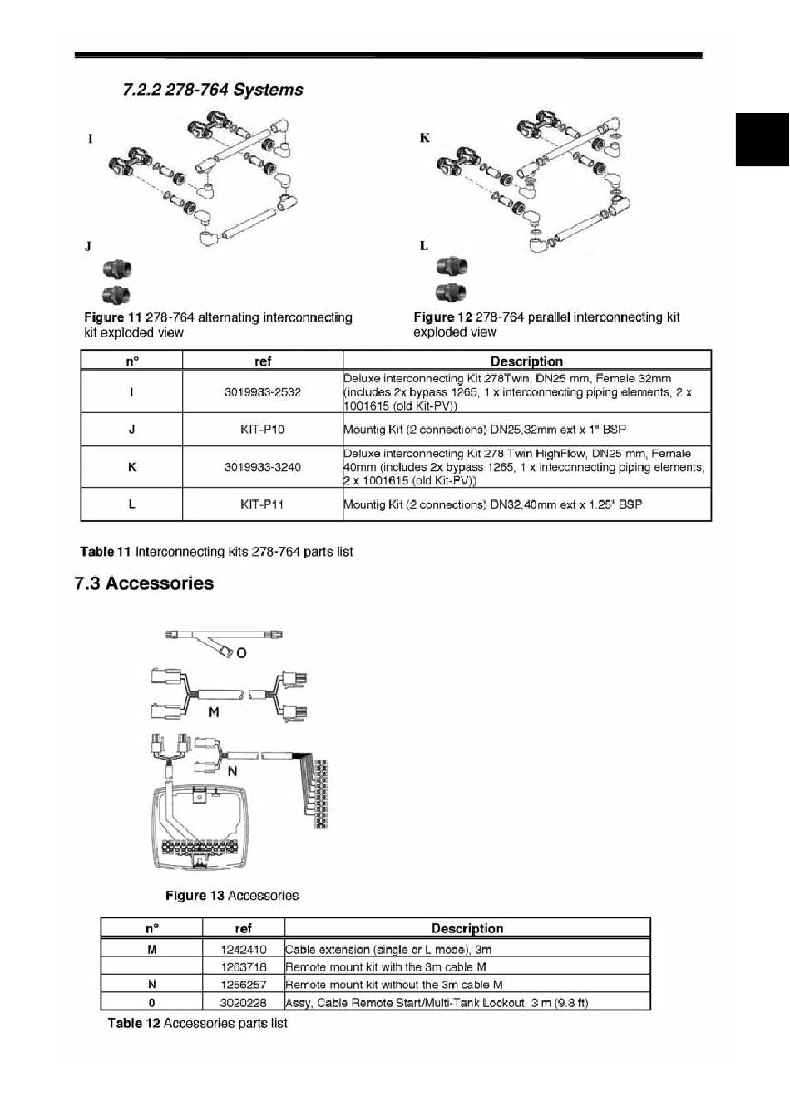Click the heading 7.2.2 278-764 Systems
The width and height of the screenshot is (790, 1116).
(213, 90)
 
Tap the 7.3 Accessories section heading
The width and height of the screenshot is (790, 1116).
(144, 583)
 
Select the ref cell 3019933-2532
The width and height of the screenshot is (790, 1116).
(263, 392)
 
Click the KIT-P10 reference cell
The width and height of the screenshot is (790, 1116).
(263, 430)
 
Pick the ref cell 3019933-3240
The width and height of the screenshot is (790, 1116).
(263, 467)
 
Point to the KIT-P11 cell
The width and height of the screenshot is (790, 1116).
(263, 504)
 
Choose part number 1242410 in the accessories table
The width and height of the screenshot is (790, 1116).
(244, 949)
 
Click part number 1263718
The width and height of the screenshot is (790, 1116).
(244, 967)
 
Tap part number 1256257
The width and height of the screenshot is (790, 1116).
(244, 985)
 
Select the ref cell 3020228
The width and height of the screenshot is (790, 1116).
(244, 1003)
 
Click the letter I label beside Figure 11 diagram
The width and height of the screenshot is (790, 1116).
(91, 139)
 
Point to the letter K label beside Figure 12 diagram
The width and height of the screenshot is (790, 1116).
(425, 138)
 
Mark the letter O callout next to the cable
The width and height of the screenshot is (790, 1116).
(241, 653)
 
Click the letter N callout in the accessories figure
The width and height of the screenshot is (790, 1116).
(232, 771)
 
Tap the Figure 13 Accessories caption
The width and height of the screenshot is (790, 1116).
(232, 896)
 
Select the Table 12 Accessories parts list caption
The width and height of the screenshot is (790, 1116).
(197, 1023)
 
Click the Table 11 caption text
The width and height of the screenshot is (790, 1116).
(216, 552)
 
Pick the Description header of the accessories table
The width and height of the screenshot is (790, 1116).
(467, 928)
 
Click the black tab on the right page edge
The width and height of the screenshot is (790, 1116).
(762, 139)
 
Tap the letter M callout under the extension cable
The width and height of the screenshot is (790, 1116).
(214, 712)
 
